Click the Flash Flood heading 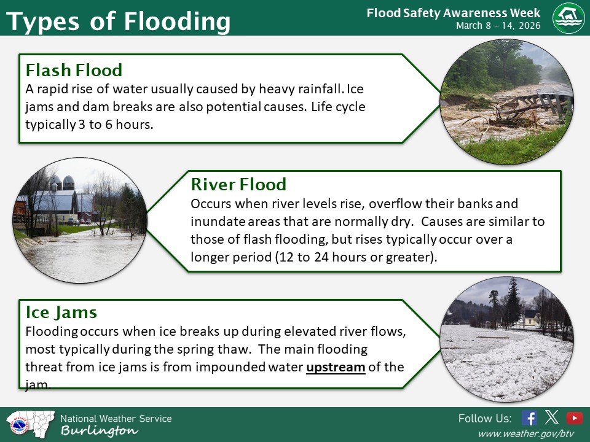[x=74, y=70]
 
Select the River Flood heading [x=238, y=184]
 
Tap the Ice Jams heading [x=61, y=312]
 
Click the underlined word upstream [x=336, y=367]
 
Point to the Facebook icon [x=529, y=418]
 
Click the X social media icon [x=552, y=418]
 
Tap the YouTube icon [x=575, y=418]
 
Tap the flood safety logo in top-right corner [x=568, y=18]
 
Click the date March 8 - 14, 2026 [x=498, y=26]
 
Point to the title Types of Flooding [x=118, y=21]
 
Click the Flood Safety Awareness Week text [x=453, y=13]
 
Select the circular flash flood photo [x=508, y=102]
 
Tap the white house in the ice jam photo [x=530, y=317]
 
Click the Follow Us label [x=484, y=419]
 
